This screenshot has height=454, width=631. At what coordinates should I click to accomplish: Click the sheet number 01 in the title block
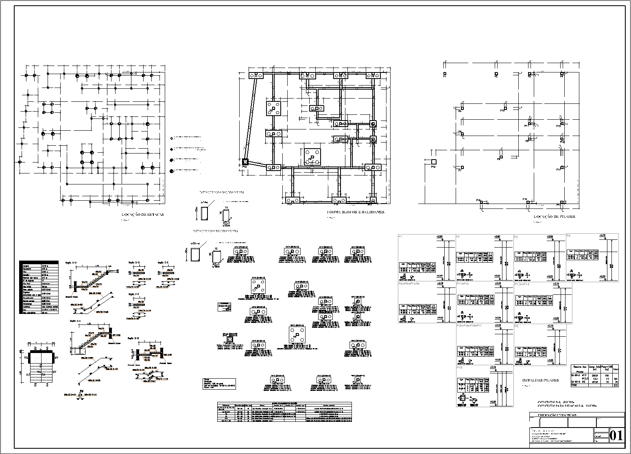click(x=616, y=436)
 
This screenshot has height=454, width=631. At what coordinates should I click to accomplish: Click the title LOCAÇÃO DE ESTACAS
click(x=143, y=215)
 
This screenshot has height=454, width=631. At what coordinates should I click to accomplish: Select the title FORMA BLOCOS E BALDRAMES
click(x=356, y=212)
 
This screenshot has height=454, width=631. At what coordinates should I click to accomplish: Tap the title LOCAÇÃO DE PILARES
click(x=554, y=217)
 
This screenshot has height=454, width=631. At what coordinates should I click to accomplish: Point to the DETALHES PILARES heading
click(x=541, y=380)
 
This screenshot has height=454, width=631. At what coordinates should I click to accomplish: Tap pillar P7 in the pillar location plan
click(x=463, y=167)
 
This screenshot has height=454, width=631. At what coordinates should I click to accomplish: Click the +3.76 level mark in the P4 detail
click(x=603, y=235)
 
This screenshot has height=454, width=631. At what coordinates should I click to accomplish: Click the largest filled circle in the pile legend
click(x=171, y=171)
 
